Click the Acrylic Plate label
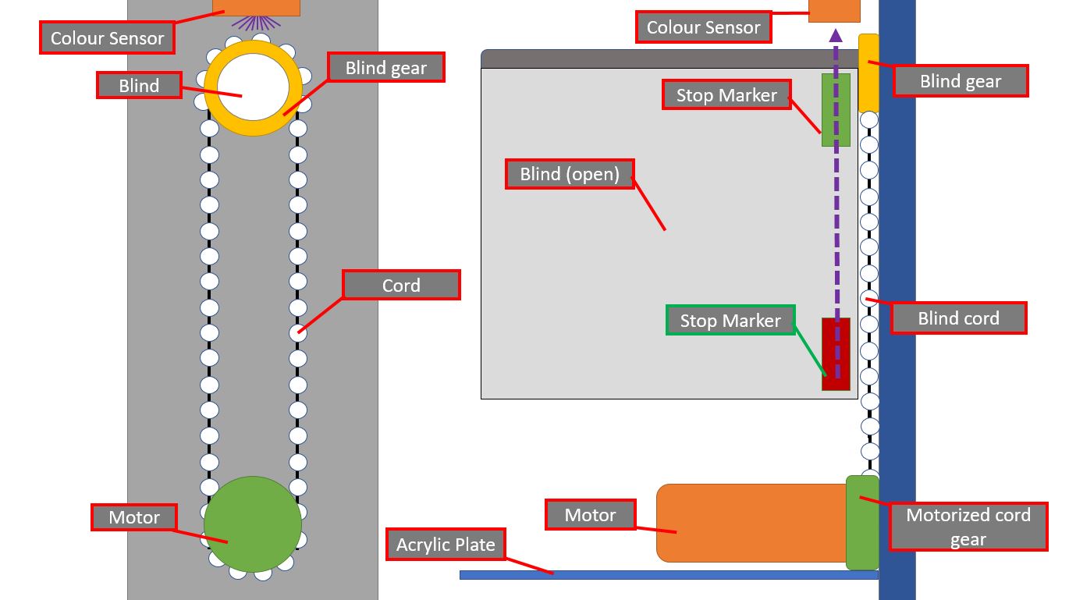coord(446,544)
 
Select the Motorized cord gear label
coord(968,527)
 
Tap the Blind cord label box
coord(959,318)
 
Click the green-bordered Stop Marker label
coord(730,321)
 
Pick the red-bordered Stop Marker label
coord(726,95)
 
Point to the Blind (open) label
coord(570,174)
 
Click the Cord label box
coord(401,285)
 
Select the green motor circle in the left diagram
coord(253,524)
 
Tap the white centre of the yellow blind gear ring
coord(253,87)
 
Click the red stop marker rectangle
coord(836,354)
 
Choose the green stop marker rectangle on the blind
coord(836,110)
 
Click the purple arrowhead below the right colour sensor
coord(836,35)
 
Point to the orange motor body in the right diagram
coord(752,524)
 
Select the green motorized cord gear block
coord(862,523)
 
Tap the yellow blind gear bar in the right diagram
coord(868,73)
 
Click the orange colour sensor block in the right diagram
coord(834,11)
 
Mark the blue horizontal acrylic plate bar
coord(669,575)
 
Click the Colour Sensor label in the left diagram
coord(108,37)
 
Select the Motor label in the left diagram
coord(134,517)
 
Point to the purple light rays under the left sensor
coord(256,23)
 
